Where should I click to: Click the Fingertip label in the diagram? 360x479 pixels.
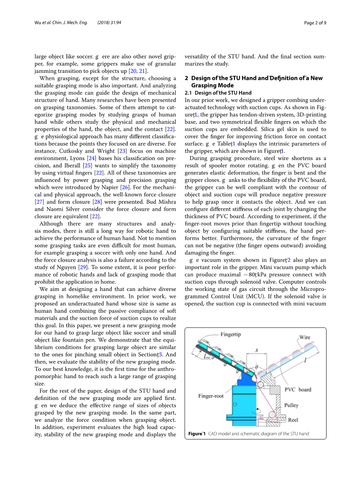230,334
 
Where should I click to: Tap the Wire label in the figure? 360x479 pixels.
305,337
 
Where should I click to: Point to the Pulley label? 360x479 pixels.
291,405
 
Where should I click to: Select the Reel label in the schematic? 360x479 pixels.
293,420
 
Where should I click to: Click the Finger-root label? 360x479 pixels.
211,396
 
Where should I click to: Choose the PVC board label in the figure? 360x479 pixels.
298,389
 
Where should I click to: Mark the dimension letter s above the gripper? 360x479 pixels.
256,350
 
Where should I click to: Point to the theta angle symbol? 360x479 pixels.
256,367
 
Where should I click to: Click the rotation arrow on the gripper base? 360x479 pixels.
255,411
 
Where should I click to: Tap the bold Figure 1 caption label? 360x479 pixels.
197,433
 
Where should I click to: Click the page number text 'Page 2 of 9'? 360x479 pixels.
315,23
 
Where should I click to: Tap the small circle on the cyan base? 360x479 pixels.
235,405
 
